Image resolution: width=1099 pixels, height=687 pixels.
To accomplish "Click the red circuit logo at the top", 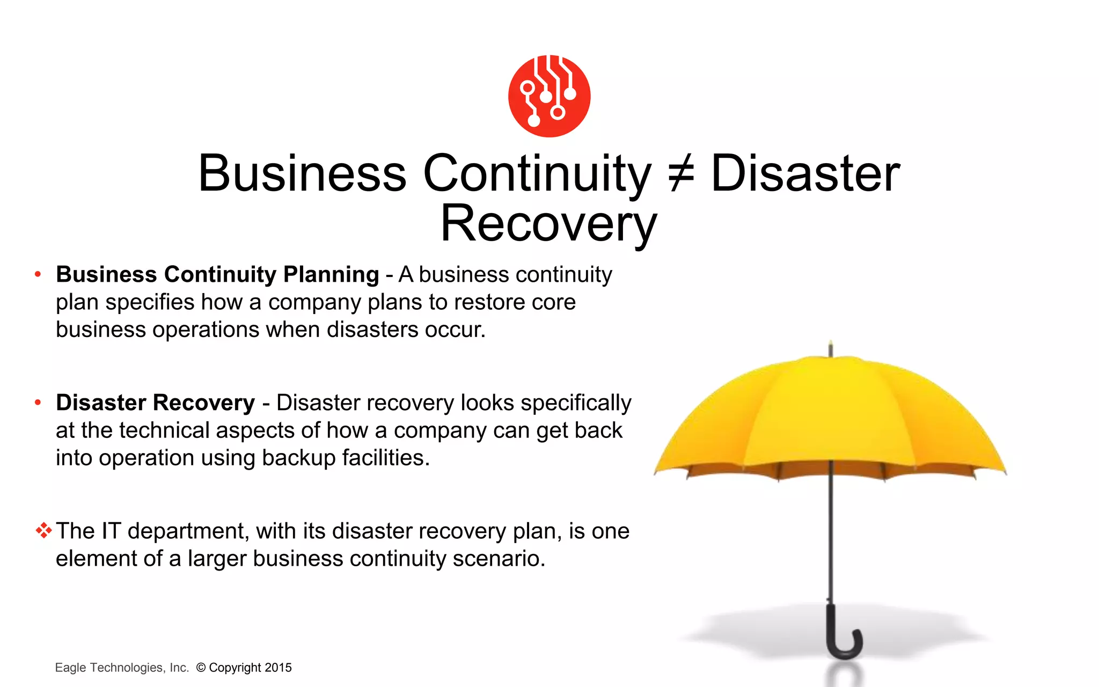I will click(549, 96).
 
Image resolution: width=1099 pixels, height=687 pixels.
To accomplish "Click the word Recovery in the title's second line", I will click(549, 224).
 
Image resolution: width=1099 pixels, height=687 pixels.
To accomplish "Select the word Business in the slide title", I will click(303, 174).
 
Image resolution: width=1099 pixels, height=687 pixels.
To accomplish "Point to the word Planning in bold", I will click(331, 275).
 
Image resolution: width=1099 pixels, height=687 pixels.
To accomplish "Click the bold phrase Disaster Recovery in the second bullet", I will click(156, 403).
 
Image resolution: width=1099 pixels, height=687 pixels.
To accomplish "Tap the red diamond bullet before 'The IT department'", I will click(43, 531).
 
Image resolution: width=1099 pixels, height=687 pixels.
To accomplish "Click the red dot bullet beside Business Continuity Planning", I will click(38, 275).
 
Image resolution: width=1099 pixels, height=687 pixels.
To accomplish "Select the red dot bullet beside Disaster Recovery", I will click(38, 403).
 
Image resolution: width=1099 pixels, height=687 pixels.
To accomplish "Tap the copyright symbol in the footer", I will click(201, 668).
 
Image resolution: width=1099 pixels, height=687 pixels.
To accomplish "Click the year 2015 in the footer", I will click(278, 668).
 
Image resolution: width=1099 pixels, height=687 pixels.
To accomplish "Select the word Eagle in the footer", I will click(70, 668).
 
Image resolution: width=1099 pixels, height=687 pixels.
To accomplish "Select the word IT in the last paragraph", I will click(111, 531).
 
